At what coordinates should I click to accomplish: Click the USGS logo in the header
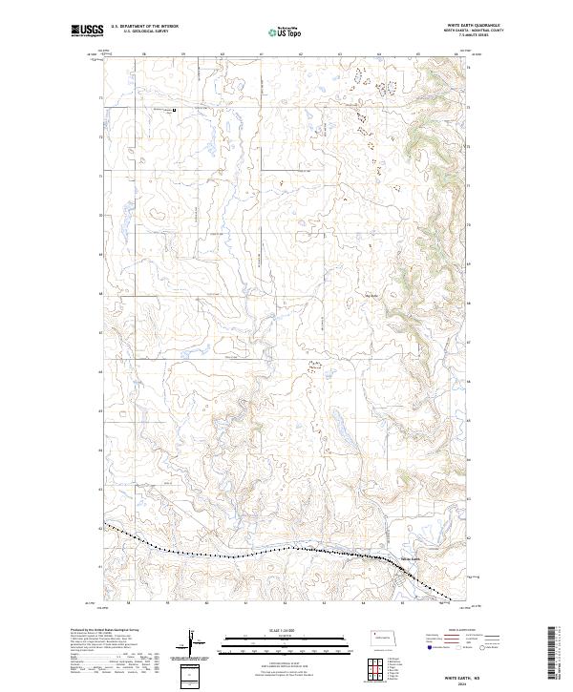[87, 31]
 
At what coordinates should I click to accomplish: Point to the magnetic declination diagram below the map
[193, 643]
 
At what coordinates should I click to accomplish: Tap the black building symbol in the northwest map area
[173, 109]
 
